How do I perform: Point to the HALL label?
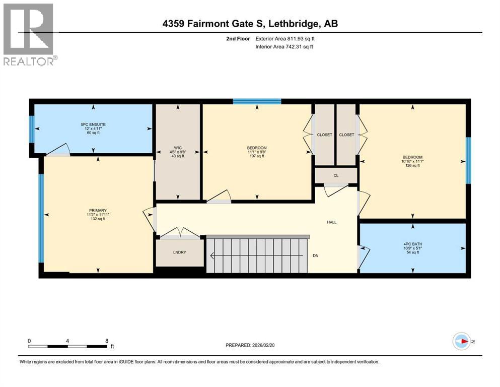pos(331,222)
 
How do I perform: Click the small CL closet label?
pos(335,175)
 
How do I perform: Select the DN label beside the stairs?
pos(316,255)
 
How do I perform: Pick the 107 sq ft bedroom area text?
pos(257,156)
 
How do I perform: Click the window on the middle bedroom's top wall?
pos(257,101)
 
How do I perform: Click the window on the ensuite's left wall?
pos(31,128)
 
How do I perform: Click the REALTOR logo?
pos(29,34)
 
